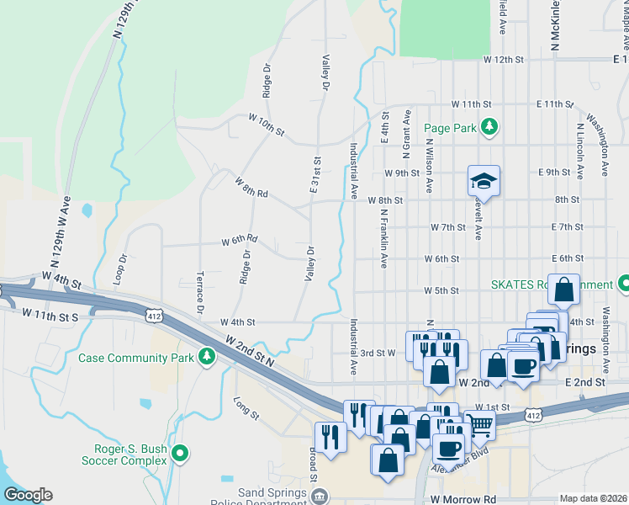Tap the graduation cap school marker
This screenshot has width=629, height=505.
[484, 181]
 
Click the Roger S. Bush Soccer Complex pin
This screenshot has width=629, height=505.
[179, 454]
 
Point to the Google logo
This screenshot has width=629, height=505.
[28, 495]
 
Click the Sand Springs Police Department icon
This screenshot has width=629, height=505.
[320, 497]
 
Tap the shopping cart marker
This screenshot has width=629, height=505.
[479, 426]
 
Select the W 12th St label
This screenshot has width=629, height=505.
[504, 61]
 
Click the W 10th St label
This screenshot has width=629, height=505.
[267, 127]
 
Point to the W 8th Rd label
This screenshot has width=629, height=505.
[251, 188]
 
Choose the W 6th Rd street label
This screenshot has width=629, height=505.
[240, 241]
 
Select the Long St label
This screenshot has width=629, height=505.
[247, 407]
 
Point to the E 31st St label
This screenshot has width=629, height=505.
[316, 174]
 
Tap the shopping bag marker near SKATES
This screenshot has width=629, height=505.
[564, 289]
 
